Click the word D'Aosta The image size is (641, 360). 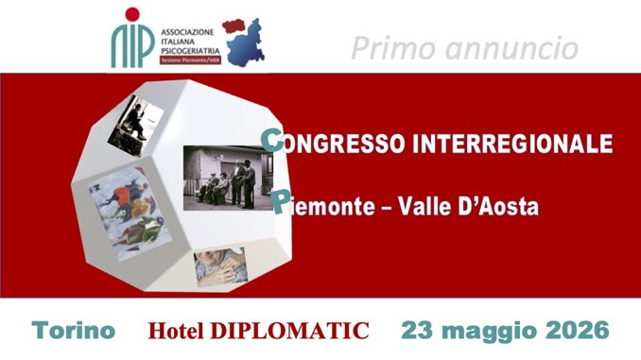click(x=505, y=205)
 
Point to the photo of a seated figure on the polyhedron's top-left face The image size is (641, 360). click(x=136, y=125)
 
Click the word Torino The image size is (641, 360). click(x=74, y=332)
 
